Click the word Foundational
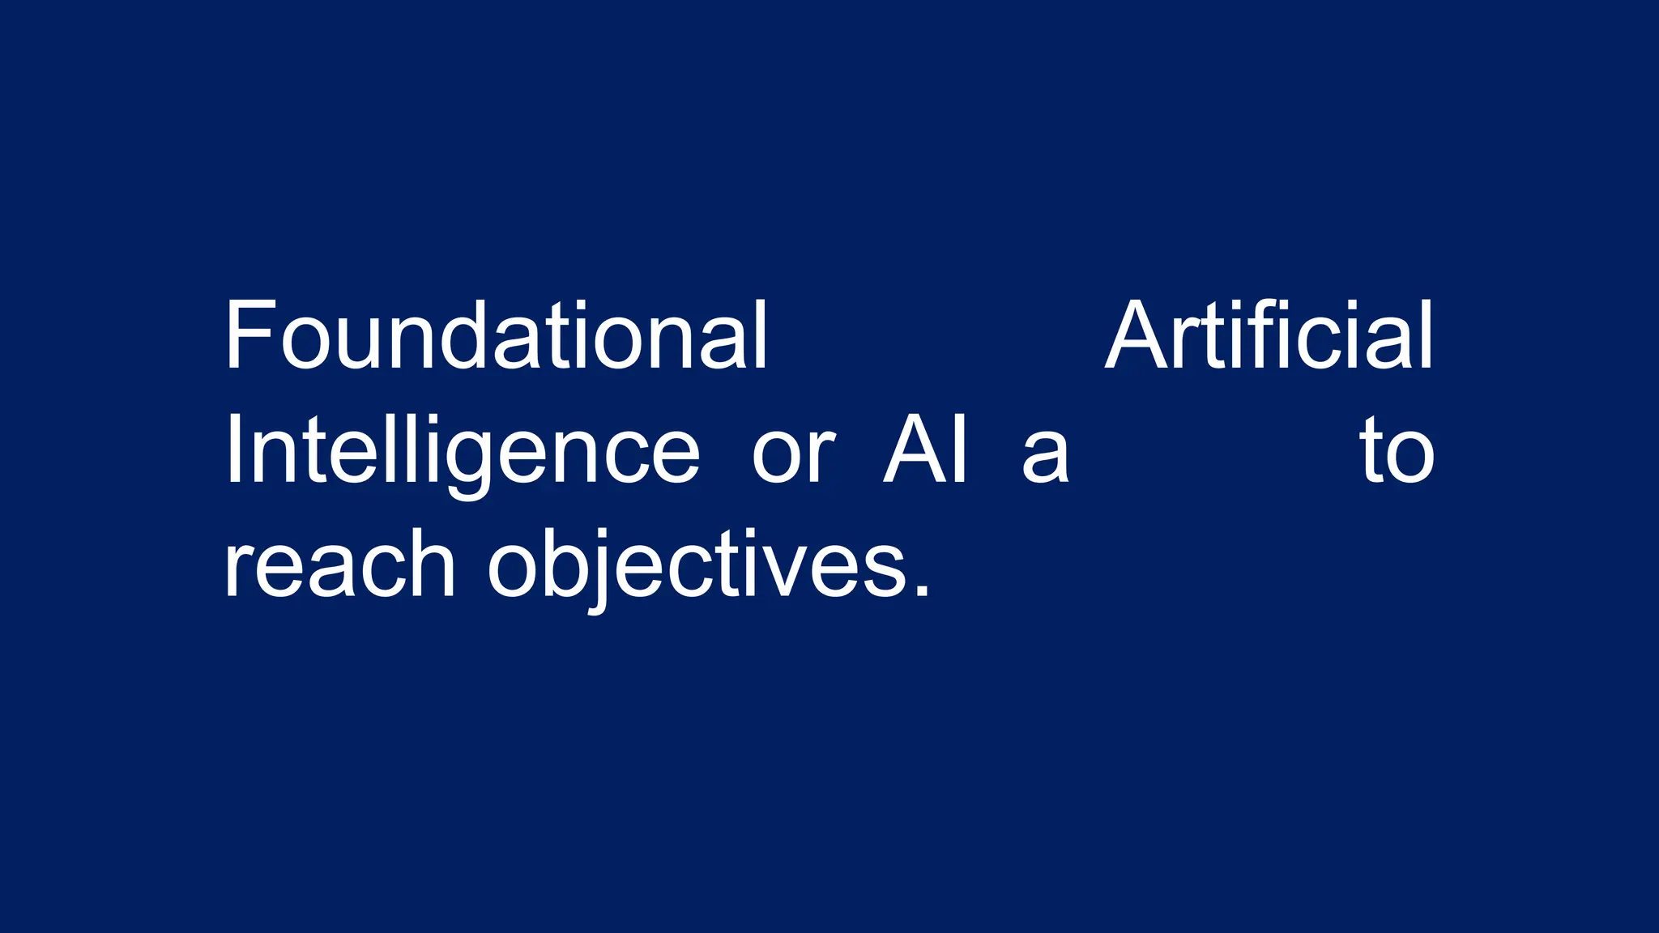[x=495, y=336]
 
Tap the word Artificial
[x=1269, y=336]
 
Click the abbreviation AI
[x=925, y=450]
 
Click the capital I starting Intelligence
[x=235, y=450]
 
